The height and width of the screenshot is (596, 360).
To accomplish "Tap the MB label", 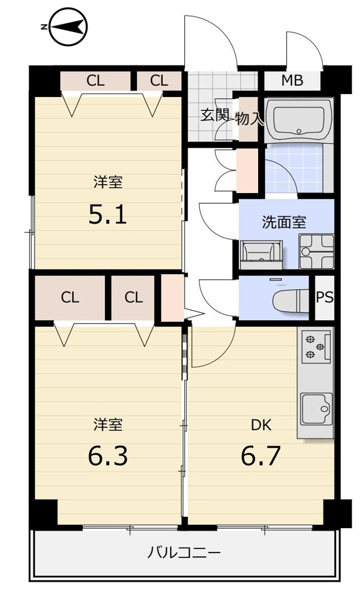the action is pyautogui.click(x=292, y=80).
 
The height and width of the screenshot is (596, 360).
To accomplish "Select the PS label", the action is pyautogui.click(x=325, y=297).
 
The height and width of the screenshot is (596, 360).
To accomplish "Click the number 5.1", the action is pyautogui.click(x=107, y=215).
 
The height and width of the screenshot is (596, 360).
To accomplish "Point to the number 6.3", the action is pyautogui.click(x=108, y=456).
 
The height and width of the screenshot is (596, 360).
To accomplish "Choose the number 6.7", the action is pyautogui.click(x=261, y=456).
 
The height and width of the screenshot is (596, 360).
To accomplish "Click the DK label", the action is pyautogui.click(x=261, y=426).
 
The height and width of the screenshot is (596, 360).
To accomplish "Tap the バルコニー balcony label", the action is pyautogui.click(x=184, y=551).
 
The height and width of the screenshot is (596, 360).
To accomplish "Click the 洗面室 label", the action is pyautogui.click(x=284, y=222).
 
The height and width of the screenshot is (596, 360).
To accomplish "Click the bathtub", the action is pyautogui.click(x=299, y=121).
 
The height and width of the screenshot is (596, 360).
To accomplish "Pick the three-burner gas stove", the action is pyautogui.click(x=316, y=347).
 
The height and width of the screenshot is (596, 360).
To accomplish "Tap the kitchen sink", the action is pyautogui.click(x=316, y=409).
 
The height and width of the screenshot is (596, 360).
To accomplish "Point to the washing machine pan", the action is pyautogui.click(x=316, y=252).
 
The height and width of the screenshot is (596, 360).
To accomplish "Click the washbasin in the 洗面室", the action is pyautogui.click(x=261, y=252).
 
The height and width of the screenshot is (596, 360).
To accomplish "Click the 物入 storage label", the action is pyautogui.click(x=249, y=119).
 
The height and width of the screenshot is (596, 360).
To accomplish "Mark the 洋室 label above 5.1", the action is pyautogui.click(x=108, y=182).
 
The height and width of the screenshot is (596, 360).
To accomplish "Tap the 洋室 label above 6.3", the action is pyautogui.click(x=108, y=424).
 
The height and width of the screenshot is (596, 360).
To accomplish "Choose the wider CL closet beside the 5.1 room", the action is pyautogui.click(x=95, y=81).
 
